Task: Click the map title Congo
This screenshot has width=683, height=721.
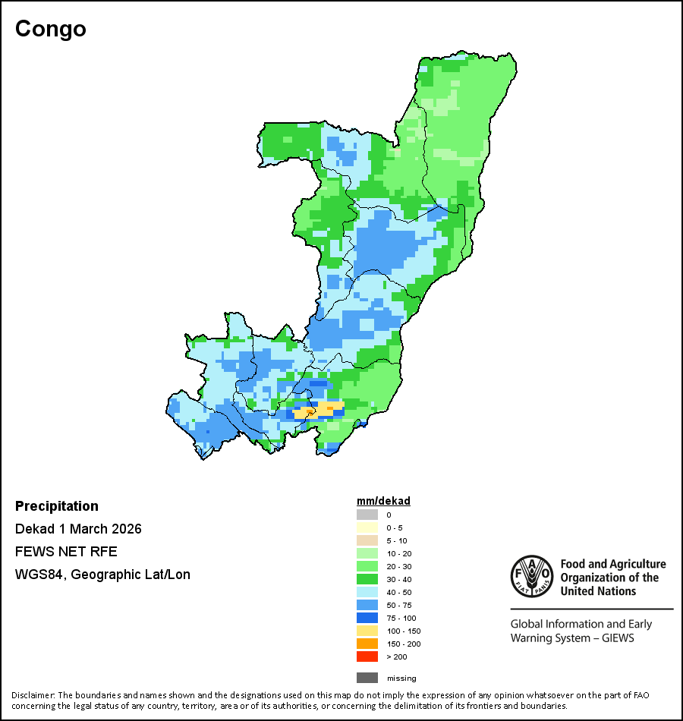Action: pyautogui.click(x=51, y=29)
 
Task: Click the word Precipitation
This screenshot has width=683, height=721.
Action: pyautogui.click(x=57, y=506)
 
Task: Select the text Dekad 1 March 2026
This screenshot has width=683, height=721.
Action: pyautogui.click(x=78, y=529)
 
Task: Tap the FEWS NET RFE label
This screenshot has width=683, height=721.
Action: pyautogui.click(x=66, y=552)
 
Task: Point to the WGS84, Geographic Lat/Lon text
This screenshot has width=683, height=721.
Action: pyautogui.click(x=102, y=575)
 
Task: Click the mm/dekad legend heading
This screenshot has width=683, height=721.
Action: pyautogui.click(x=383, y=501)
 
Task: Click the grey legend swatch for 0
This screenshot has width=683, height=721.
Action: pyautogui.click(x=367, y=515)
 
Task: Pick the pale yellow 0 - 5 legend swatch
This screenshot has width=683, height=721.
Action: pyautogui.click(x=367, y=527)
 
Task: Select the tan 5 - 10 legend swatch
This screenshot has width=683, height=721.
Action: pyautogui.click(x=367, y=540)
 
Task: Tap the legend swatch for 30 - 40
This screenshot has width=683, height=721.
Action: pyautogui.click(x=367, y=579)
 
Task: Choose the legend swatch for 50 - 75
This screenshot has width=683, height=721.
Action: pyautogui.click(x=367, y=605)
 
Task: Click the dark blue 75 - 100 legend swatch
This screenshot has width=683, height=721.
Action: pyautogui.click(x=367, y=618)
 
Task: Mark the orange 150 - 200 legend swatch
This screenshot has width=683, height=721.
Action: pyautogui.click(x=367, y=644)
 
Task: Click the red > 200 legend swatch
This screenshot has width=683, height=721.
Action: pyautogui.click(x=367, y=656)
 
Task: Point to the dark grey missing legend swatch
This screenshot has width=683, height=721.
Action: pyautogui.click(x=367, y=678)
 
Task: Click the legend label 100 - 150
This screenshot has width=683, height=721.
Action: pyautogui.click(x=403, y=631)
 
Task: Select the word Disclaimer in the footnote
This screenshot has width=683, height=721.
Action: pyautogui.click(x=33, y=695)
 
